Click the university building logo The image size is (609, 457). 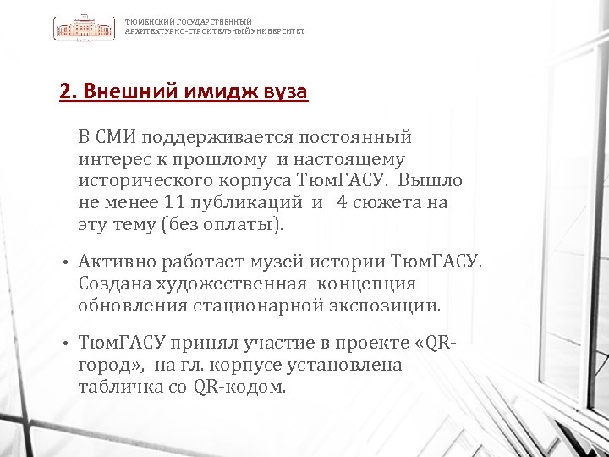click(x=85, y=28)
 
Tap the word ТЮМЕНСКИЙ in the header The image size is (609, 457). click(x=147, y=22)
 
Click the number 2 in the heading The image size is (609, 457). click(x=64, y=91)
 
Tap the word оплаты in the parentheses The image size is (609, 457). click(x=250, y=225)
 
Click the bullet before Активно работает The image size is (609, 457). click(x=64, y=262)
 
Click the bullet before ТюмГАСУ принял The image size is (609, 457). click(x=64, y=344)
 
